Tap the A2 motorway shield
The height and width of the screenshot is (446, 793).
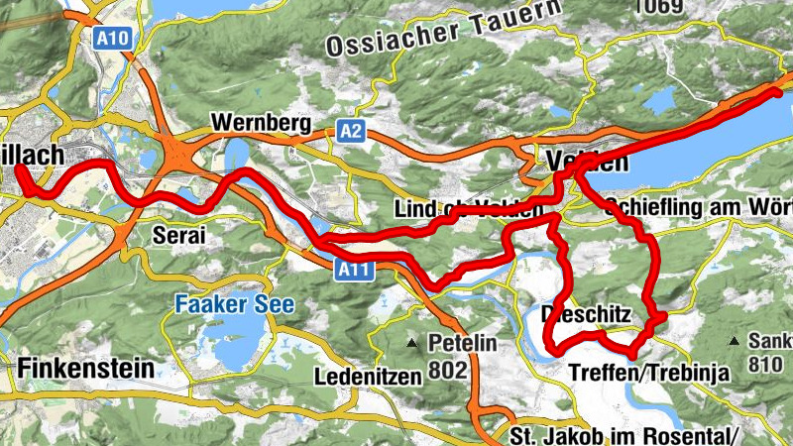[x=350, y=130]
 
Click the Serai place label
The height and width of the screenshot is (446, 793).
[x=178, y=236]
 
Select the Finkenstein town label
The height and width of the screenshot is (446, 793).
[x=85, y=368]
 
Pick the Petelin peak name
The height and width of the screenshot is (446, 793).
[x=462, y=343]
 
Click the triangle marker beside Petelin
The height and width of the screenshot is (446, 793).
[x=412, y=344]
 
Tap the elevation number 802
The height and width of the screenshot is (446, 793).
[x=447, y=370]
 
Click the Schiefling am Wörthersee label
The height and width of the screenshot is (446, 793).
[x=699, y=208]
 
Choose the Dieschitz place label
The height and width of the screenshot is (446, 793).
[x=586, y=314]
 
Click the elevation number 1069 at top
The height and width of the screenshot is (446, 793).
[x=659, y=8]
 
